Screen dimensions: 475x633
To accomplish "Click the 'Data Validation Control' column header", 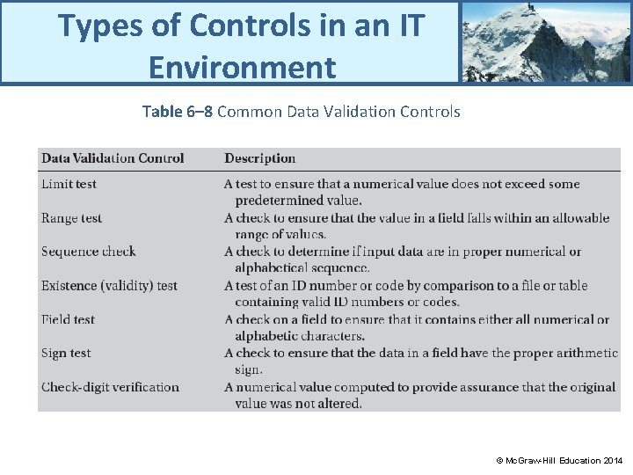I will [113, 158].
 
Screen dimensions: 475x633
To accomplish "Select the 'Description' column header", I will [259, 158].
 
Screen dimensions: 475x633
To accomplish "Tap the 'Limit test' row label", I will [69, 184].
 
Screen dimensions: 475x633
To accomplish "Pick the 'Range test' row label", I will [71, 218].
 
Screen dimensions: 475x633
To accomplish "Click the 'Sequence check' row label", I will [88, 252].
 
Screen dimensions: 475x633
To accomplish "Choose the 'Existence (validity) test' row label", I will [109, 286].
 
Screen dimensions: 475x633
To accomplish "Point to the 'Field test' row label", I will [68, 319].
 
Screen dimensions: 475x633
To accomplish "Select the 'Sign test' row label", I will [66, 353].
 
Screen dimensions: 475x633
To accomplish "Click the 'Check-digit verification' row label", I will [110, 387].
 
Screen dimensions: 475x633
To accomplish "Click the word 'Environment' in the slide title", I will [242, 66].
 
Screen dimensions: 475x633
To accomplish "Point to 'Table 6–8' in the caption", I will [177, 112].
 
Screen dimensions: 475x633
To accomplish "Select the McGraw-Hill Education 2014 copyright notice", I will [559, 460].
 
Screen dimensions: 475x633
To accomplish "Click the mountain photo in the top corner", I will [545, 41].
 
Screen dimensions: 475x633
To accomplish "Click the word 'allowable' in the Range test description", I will [579, 218].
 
